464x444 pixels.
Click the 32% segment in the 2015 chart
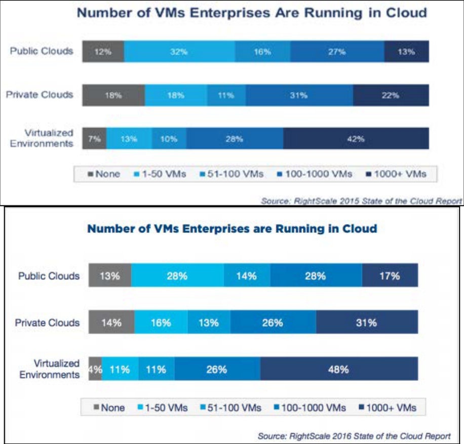179,51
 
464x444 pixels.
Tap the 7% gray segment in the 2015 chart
94,139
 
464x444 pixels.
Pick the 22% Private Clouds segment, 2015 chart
391,95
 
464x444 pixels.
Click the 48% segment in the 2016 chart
339,369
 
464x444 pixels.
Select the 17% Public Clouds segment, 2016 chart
390,276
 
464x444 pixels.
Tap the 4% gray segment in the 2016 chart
95,369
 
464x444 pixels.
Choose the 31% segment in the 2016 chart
366,322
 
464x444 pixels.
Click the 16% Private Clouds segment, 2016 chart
161,322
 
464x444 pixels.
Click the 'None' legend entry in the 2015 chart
104,174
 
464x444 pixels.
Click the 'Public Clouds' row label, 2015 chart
42,51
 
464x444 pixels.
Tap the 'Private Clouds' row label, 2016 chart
47,322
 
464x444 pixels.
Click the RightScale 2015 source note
361,201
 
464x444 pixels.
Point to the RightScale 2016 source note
354,435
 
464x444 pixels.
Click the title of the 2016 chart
232,229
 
